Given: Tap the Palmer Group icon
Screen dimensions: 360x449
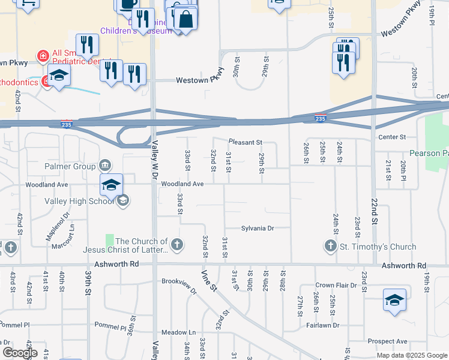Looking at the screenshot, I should coord(105,165).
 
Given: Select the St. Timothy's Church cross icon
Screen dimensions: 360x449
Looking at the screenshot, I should coord(330,245).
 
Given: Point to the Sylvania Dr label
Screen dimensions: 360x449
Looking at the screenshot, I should coord(258,228).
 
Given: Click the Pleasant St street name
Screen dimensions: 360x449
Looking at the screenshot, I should coord(245,142).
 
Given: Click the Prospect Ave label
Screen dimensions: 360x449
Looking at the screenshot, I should coord(388,341).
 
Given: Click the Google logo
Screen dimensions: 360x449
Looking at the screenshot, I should coord(20,352).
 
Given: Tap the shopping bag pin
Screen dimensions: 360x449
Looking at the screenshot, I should coord(185,18).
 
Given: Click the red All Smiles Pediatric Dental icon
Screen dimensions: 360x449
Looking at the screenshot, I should coord(43,57).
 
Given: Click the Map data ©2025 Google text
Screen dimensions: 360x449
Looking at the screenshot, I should coord(411,355).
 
